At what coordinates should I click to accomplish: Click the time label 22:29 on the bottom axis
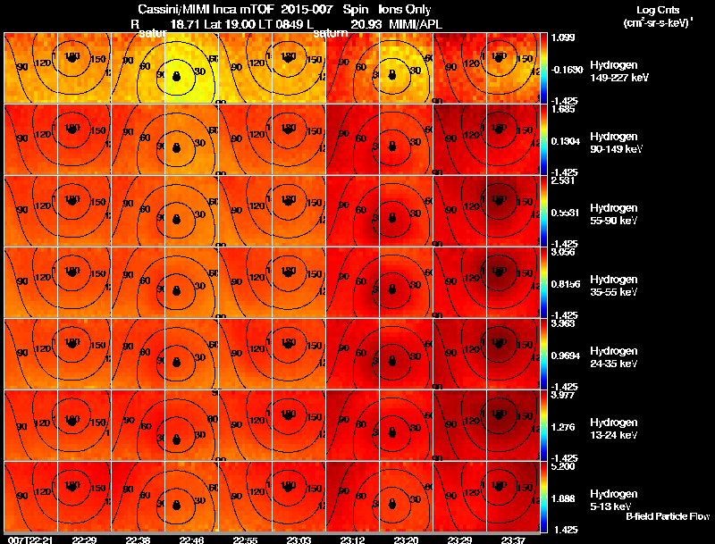tap(84, 540)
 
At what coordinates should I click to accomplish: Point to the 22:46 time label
tap(191, 540)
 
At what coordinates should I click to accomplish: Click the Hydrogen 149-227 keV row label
tap(618, 71)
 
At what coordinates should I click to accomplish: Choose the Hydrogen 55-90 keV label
tap(618, 214)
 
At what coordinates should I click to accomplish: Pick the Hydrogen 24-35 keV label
tap(618, 357)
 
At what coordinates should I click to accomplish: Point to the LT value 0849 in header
tap(286, 24)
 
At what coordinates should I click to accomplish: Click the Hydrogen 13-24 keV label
tap(618, 429)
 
